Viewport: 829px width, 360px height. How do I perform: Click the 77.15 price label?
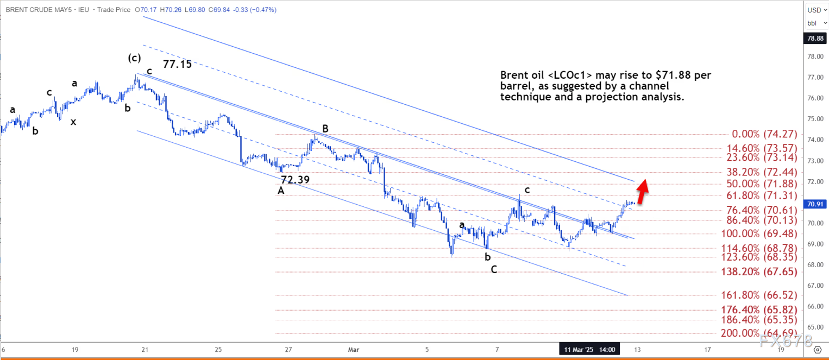point(177,64)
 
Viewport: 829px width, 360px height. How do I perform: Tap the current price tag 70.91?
point(817,204)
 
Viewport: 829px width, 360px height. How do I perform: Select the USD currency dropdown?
point(815,10)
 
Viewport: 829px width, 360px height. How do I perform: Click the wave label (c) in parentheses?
point(135,58)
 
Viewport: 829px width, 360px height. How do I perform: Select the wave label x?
point(73,122)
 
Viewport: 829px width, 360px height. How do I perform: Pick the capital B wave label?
point(325,129)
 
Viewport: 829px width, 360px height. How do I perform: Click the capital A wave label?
point(281,191)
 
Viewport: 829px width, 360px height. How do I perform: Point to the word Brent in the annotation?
point(513,75)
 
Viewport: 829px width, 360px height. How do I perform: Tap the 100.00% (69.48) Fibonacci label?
point(758,233)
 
